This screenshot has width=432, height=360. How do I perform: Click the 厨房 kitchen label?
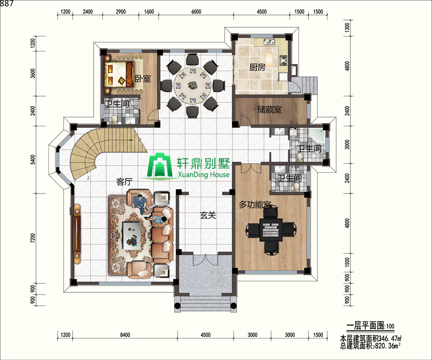[257, 67]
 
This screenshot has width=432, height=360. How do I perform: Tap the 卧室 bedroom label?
[143, 79]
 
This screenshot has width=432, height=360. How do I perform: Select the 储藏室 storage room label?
[269, 109]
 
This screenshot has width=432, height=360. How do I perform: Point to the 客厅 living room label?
[124, 182]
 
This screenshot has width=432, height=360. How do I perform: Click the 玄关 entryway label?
[208, 215]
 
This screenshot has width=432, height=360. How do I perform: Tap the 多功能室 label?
[255, 204]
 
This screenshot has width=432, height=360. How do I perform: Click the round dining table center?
[192, 84]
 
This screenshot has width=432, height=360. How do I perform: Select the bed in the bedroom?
[119, 73]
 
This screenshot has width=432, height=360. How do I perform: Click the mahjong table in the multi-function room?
[271, 228]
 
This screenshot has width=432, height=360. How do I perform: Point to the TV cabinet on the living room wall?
[77, 234]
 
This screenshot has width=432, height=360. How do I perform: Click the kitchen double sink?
[269, 42]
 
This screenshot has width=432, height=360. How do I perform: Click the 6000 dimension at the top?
[196, 12]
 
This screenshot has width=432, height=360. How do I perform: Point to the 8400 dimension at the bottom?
[125, 335]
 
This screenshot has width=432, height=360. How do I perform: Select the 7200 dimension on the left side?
[33, 238]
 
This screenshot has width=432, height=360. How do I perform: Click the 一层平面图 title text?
[365, 325]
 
